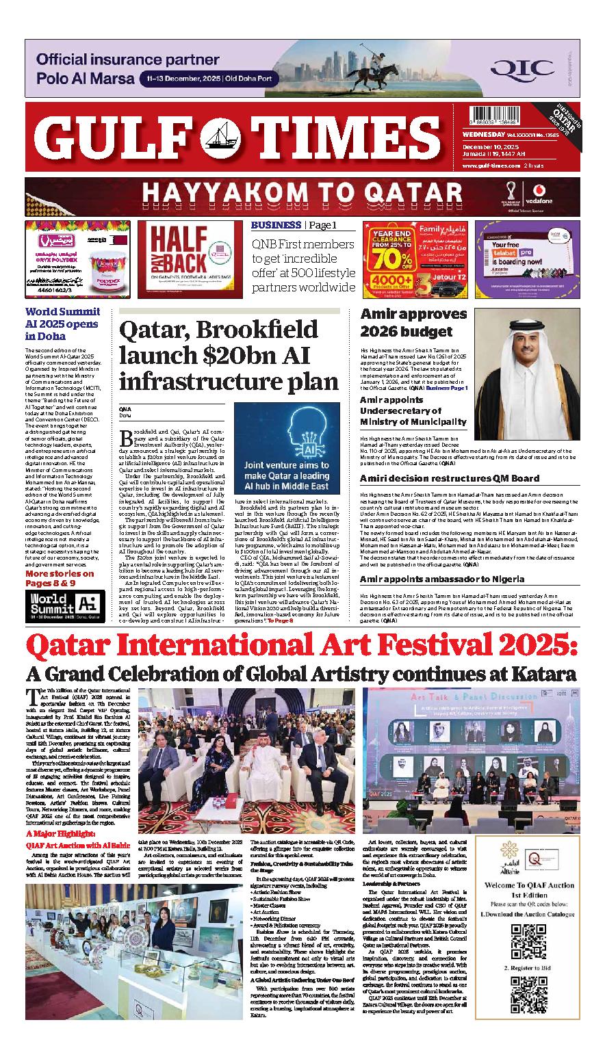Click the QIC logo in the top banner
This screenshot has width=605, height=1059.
coord(531,68)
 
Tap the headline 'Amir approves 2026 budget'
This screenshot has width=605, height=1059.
coord(413,323)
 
